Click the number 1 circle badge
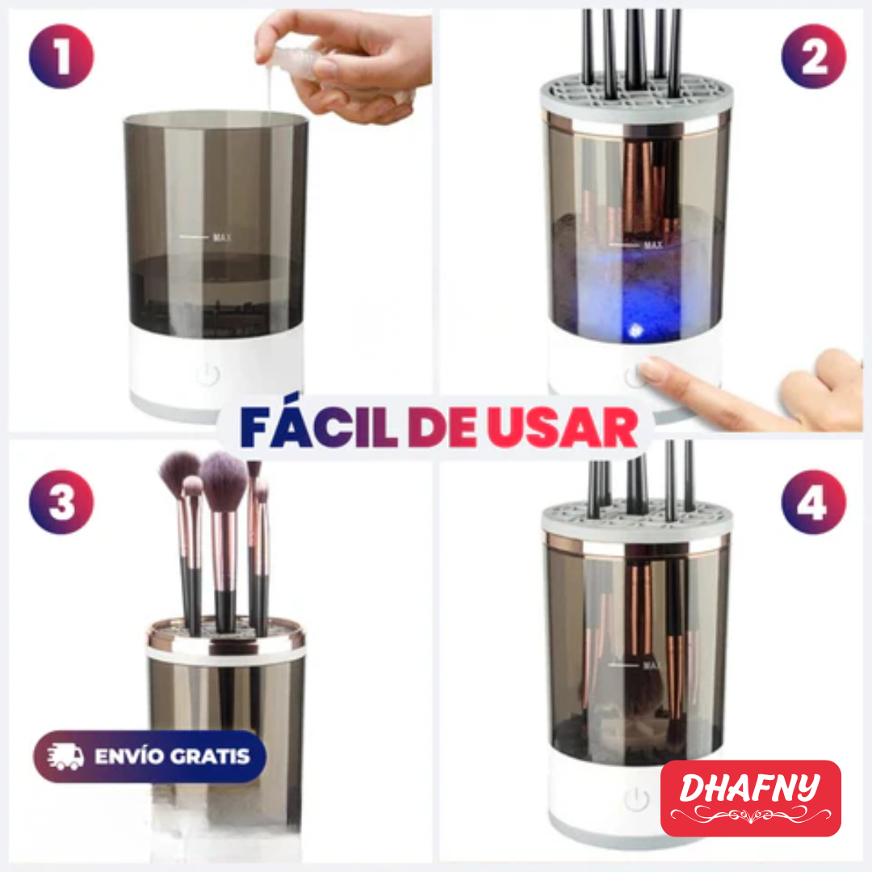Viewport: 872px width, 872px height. [x=61, y=57]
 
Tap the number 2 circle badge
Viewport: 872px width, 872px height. [x=813, y=57]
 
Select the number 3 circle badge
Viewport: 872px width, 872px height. [x=61, y=502]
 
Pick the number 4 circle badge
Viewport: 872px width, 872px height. [x=813, y=502]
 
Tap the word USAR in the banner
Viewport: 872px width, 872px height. [x=562, y=428]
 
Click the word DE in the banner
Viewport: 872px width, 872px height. [x=442, y=428]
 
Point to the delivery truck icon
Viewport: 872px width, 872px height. [x=65, y=757]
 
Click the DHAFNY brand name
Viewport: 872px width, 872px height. [x=749, y=787]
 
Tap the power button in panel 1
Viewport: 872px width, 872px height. [x=208, y=375]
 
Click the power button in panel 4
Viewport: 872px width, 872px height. [x=637, y=799]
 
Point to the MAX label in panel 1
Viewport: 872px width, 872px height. [x=222, y=237]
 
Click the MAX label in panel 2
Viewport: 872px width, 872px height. [x=653, y=245]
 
